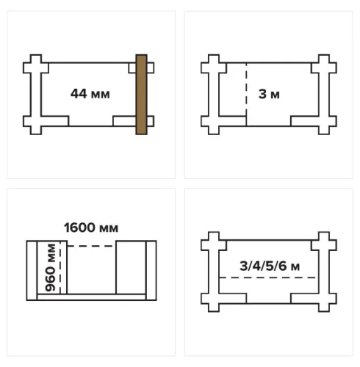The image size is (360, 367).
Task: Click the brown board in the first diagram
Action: coord(142,95)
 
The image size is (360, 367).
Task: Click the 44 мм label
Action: coord(90,94)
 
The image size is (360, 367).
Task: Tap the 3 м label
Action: coord(269,94)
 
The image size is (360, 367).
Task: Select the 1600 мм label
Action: coord(91,228)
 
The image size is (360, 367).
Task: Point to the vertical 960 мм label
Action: coord(51,267)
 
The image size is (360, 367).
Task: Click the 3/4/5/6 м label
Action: coord(270,266)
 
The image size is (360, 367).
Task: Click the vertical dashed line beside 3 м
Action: coord(246,95)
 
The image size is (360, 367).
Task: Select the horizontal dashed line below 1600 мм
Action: coord(91,246)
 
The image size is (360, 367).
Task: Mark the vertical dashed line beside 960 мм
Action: coord(60,267)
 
